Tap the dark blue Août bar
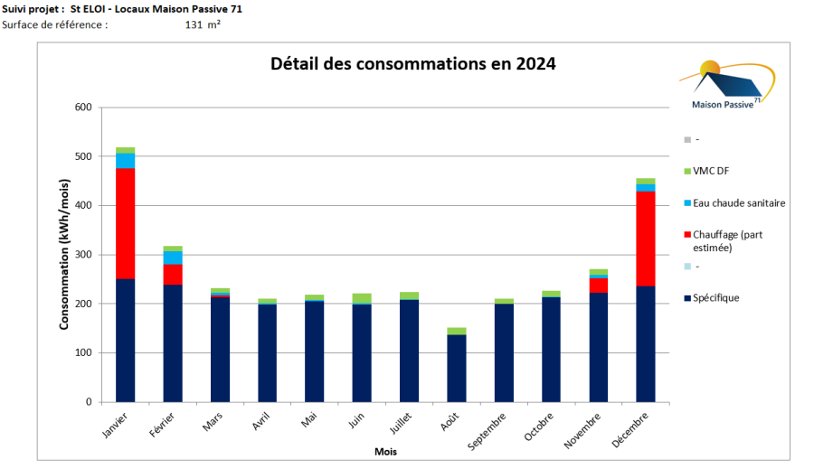tap(456, 368)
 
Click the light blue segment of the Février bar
tap(172, 258)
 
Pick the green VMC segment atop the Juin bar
tap(362, 298)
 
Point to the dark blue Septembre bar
tap(504, 352)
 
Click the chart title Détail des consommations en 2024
tap(413, 64)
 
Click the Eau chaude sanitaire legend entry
tap(738, 203)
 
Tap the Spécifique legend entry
tap(715, 297)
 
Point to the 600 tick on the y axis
tap(83, 108)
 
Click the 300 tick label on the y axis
tap(83, 255)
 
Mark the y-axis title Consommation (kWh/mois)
tap(64, 254)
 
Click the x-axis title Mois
tap(385, 451)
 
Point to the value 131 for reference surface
tap(193, 24)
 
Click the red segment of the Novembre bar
tap(598, 285)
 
